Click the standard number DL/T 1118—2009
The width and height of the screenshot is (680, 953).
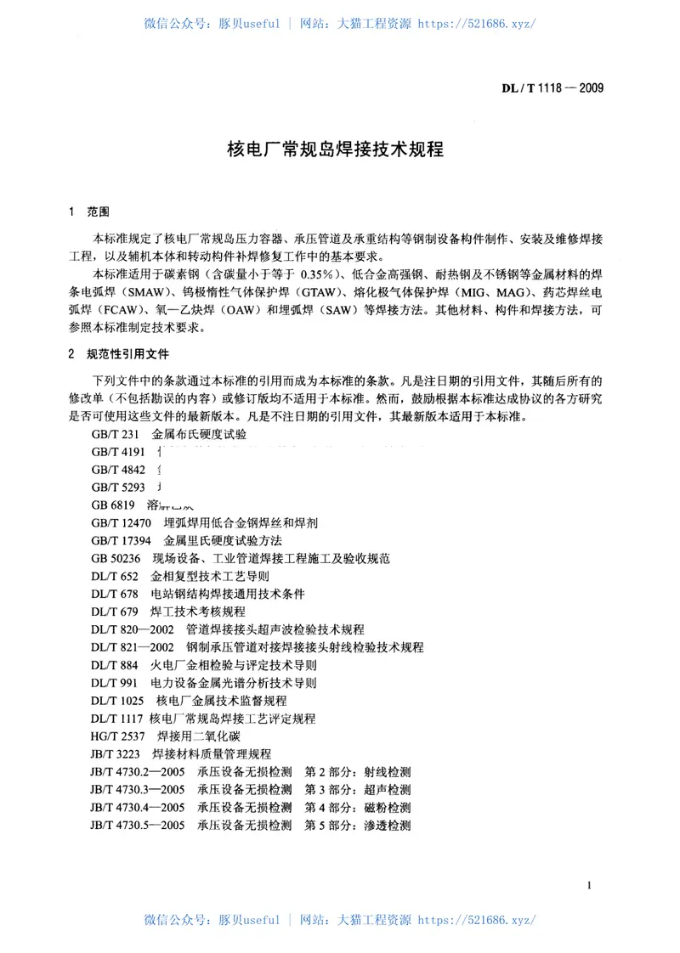pyautogui.click(x=555, y=87)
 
